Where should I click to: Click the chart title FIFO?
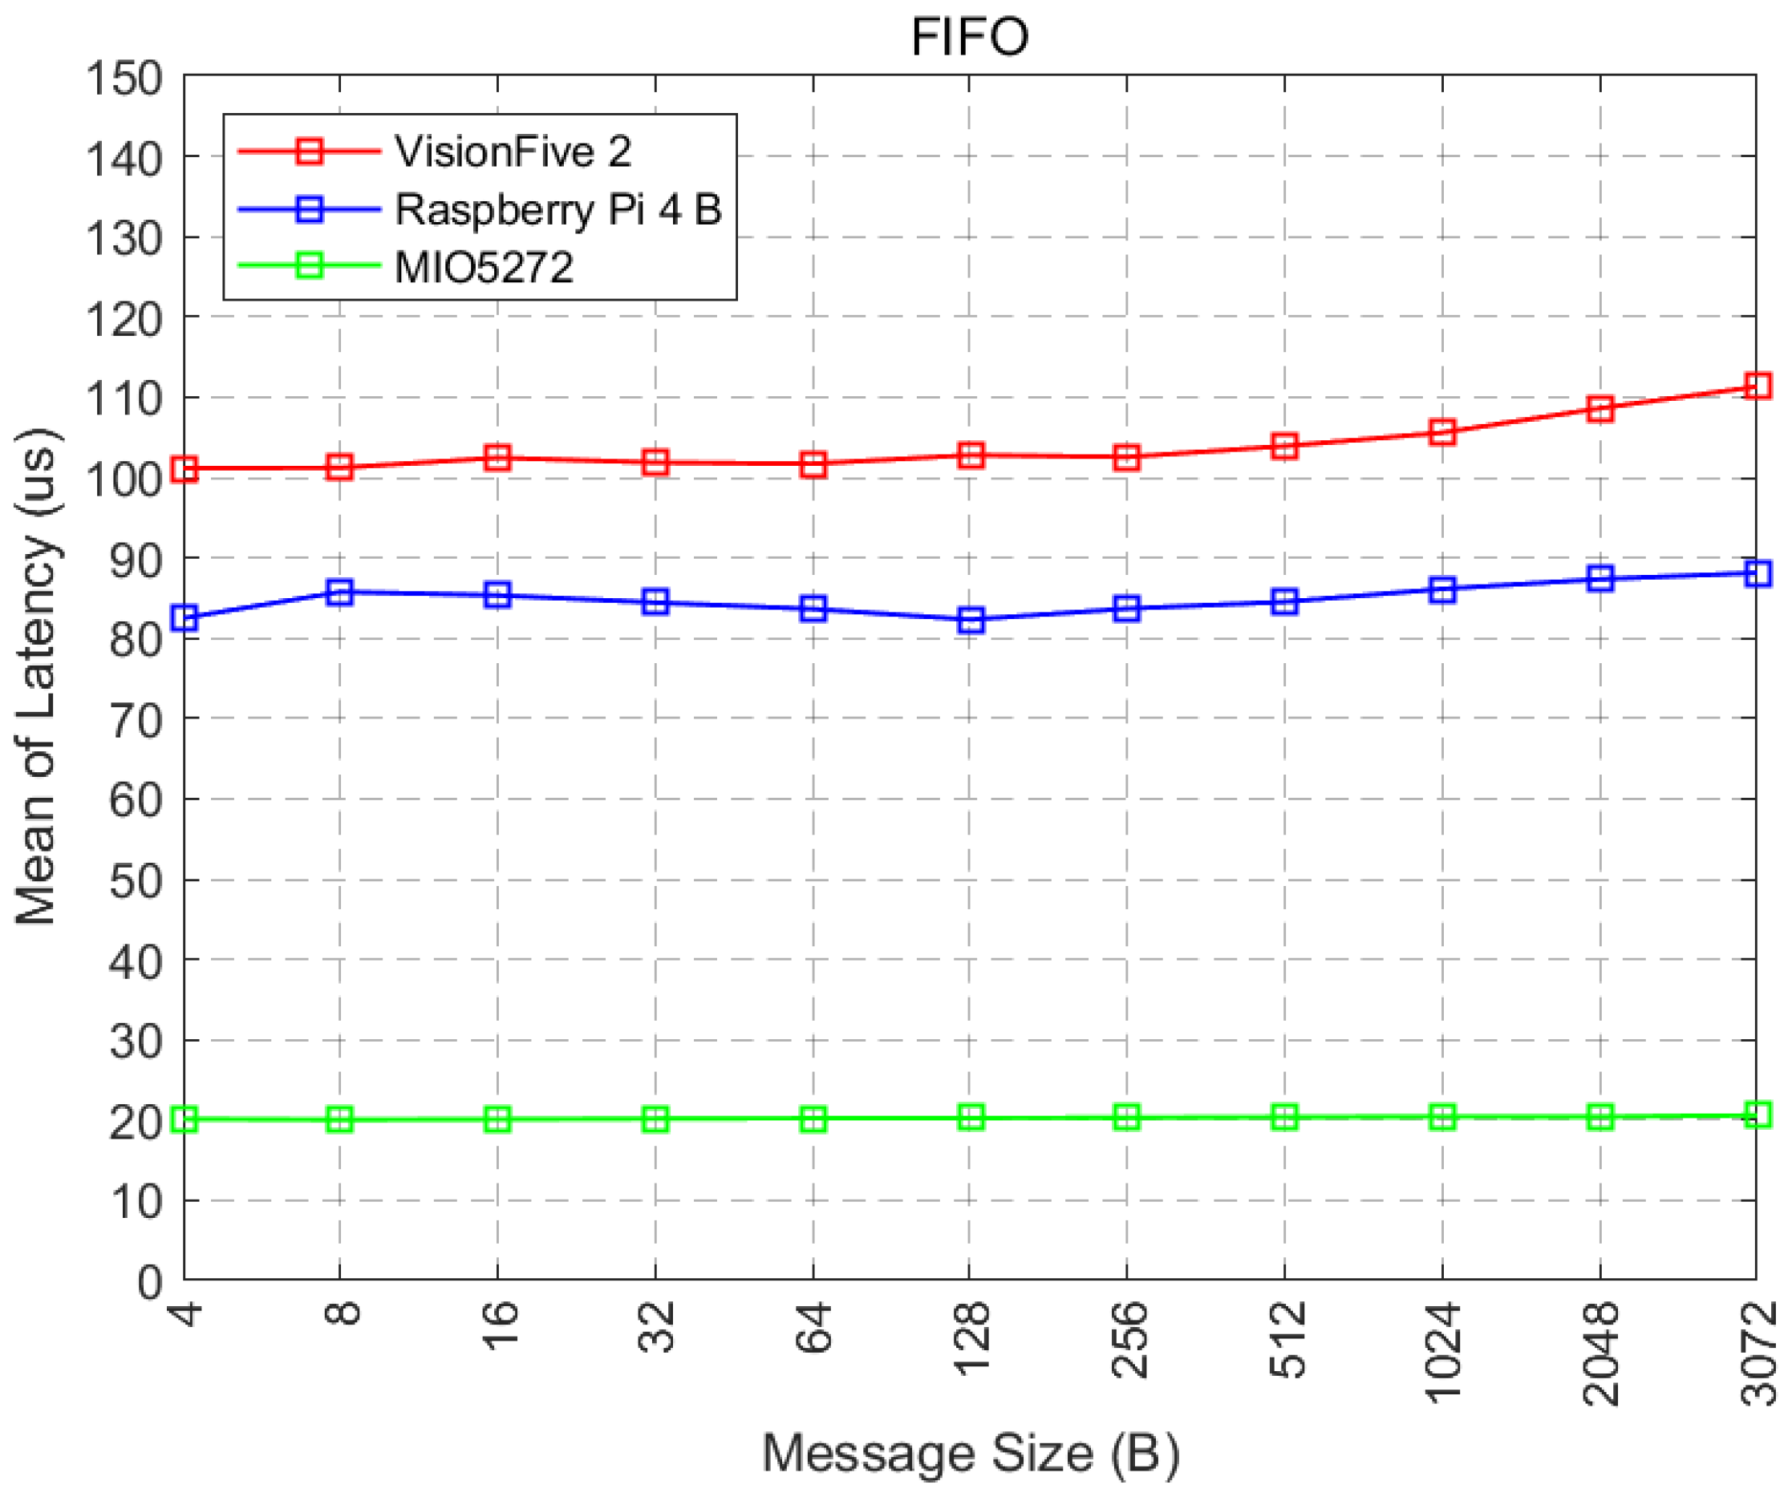971,38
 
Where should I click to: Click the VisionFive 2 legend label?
513,152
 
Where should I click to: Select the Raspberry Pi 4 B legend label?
558,210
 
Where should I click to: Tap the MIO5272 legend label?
484,268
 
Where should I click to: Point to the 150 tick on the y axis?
124,79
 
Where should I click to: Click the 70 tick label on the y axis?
136,722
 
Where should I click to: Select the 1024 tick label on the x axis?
1443,1354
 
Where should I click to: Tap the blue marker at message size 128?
971,621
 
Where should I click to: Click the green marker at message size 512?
1285,1119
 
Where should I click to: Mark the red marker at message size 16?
497,459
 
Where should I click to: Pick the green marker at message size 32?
655,1120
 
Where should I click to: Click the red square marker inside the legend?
309,152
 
